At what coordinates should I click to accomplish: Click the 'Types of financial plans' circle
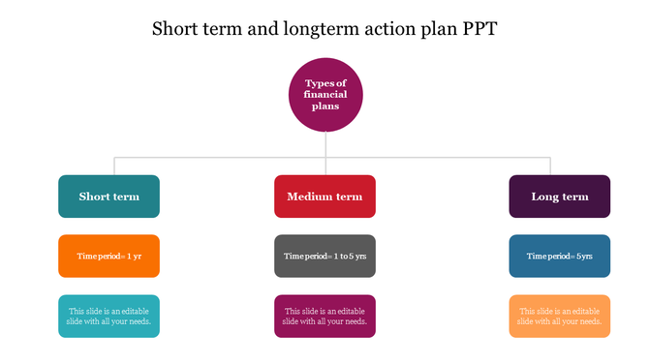pyautogui.click(x=325, y=94)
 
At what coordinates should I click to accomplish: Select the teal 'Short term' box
pyautogui.click(x=108, y=197)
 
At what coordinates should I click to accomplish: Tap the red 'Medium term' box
pyautogui.click(x=324, y=197)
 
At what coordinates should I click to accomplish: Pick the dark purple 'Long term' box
pyautogui.click(x=560, y=197)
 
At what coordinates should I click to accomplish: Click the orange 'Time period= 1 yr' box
pyautogui.click(x=108, y=257)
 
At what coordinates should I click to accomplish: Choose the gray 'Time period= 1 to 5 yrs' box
pyautogui.click(x=324, y=257)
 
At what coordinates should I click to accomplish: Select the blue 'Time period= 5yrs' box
pyautogui.click(x=560, y=257)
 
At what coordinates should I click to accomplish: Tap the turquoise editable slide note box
pyautogui.click(x=108, y=316)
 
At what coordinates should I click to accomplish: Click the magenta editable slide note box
pyautogui.click(x=324, y=316)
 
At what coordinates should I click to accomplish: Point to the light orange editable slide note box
pyautogui.click(x=560, y=316)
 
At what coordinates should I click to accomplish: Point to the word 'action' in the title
pyautogui.click(x=380, y=29)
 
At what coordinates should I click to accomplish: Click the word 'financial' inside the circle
pyautogui.click(x=325, y=95)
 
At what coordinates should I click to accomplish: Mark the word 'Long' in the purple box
pyautogui.click(x=545, y=197)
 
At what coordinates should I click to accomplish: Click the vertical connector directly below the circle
pyautogui.click(x=325, y=143)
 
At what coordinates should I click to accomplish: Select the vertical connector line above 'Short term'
pyautogui.click(x=116, y=166)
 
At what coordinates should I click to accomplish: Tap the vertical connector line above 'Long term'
pyautogui.click(x=550, y=166)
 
